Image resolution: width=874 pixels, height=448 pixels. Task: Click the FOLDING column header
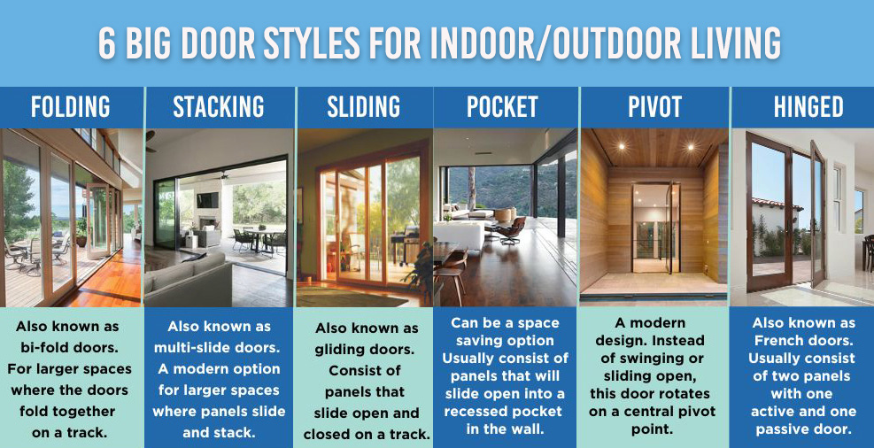(x=70, y=107)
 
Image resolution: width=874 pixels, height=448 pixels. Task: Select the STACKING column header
(x=218, y=107)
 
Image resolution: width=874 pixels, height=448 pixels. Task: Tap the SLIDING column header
(x=363, y=107)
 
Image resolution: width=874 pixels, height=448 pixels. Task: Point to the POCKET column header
(x=502, y=107)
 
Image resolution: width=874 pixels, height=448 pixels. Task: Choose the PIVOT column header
(x=654, y=107)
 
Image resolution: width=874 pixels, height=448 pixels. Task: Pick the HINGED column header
(x=808, y=107)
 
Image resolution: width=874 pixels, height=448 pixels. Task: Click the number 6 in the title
(x=107, y=42)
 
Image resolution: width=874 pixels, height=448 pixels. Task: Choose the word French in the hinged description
(x=777, y=340)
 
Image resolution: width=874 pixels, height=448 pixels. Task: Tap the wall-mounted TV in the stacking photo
(x=207, y=200)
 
